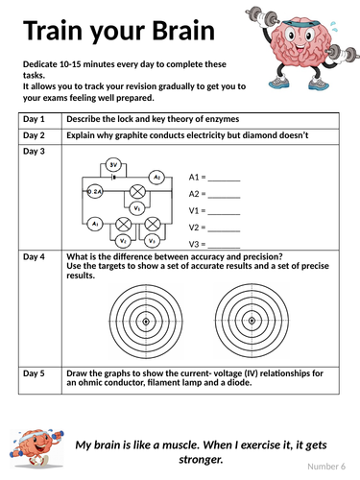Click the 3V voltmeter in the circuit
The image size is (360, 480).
tap(113, 165)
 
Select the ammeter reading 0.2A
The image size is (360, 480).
tap(95, 191)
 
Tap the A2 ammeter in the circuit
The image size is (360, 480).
tap(156, 177)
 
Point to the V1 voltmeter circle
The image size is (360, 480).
tap(137, 208)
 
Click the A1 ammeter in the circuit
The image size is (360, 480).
tap(95, 224)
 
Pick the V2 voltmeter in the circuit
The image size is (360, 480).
tap(123, 241)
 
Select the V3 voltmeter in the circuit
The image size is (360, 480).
tap(152, 241)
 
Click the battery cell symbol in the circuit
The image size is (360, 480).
tap(113, 177)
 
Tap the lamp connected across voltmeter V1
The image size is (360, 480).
tap(137, 192)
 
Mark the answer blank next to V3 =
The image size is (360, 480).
tap(224, 248)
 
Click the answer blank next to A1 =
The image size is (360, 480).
tap(224, 180)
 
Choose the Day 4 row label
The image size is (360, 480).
tap(34, 256)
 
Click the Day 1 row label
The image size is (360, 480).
tap(34, 119)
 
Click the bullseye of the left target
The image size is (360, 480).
tap(146, 322)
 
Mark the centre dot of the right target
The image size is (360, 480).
tap(252, 321)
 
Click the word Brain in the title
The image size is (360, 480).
tap(183, 31)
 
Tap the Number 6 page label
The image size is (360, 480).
tap(326, 467)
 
